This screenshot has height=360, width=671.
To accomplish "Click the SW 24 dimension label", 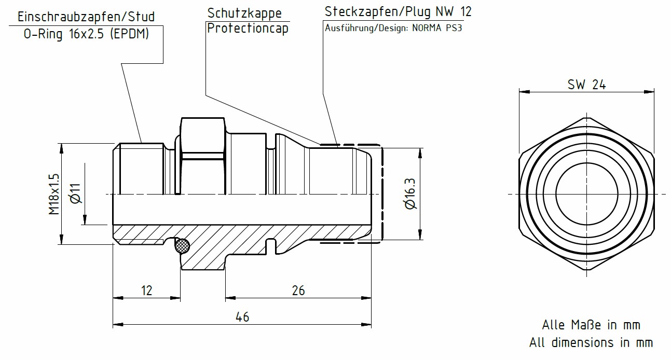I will [x=586, y=85].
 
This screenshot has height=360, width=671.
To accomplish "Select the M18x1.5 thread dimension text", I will [x=54, y=194].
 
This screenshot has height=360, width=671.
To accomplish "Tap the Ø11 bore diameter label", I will [x=75, y=193].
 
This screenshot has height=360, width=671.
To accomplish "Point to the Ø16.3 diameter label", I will [x=410, y=194].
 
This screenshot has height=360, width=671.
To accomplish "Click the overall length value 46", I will [x=242, y=317].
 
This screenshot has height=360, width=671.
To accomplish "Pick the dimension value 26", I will [x=298, y=290].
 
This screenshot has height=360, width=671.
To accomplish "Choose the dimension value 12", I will [x=147, y=290].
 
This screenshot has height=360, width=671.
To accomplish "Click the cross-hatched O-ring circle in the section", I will [x=182, y=246].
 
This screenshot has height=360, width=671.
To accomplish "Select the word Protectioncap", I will [x=248, y=28].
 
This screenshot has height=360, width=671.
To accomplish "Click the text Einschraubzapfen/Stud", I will [x=86, y=17].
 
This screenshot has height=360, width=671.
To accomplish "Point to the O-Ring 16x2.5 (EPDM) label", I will [x=86, y=34].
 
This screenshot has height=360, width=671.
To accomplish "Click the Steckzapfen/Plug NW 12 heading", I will [x=398, y=11].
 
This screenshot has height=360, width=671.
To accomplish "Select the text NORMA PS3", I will [x=436, y=28].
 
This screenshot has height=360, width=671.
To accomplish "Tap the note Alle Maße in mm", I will [x=591, y=325].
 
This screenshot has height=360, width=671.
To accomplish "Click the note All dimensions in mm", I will [x=591, y=343].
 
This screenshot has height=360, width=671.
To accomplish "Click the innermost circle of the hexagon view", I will [x=586, y=194].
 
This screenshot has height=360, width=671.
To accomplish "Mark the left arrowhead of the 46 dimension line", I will [x=117, y=325].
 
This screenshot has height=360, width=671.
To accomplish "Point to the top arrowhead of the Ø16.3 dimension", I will [x=419, y=151].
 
